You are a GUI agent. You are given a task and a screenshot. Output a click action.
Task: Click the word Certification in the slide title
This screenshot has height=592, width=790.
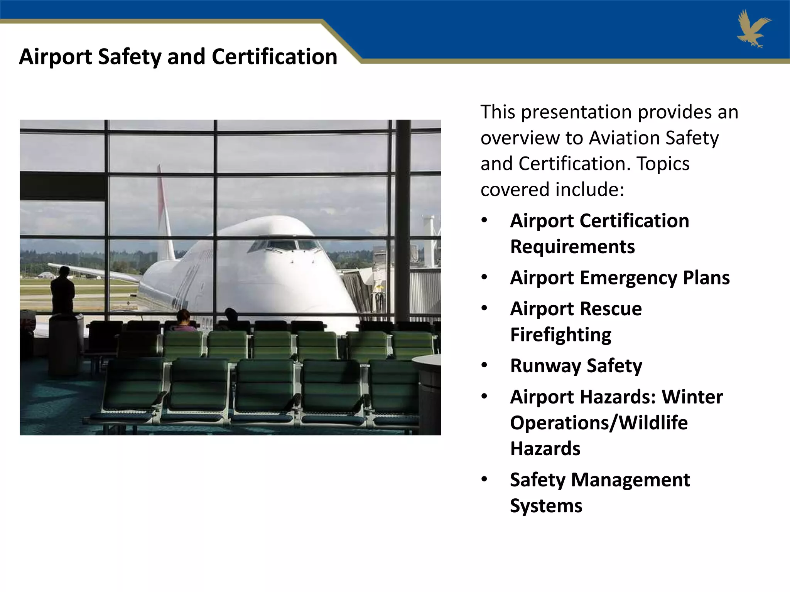pyautogui.click(x=274, y=57)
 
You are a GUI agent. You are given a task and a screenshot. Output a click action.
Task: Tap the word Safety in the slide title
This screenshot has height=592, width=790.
pyautogui.click(x=130, y=57)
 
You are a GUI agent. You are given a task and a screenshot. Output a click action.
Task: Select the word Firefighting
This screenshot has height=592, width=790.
pyautogui.click(x=560, y=335)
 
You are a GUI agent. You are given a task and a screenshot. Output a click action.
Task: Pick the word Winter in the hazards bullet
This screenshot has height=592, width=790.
pyautogui.click(x=692, y=397)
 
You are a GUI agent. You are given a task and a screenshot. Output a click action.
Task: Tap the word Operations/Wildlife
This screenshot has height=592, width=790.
pyautogui.click(x=599, y=423)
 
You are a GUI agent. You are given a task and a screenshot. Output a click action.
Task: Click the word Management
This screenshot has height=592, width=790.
pyautogui.click(x=630, y=480)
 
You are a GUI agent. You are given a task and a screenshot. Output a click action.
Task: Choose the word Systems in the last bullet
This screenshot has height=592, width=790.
pyautogui.click(x=546, y=506)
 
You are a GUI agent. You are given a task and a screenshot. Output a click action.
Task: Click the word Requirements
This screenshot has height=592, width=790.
pyautogui.click(x=572, y=247)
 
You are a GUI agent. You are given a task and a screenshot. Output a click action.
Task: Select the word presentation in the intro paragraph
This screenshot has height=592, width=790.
pyautogui.click(x=576, y=112)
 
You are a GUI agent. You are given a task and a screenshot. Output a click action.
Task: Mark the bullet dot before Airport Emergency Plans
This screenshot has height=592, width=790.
pyautogui.click(x=484, y=277)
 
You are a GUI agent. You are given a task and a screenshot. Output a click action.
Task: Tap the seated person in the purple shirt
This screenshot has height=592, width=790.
pyautogui.click(x=184, y=321)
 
